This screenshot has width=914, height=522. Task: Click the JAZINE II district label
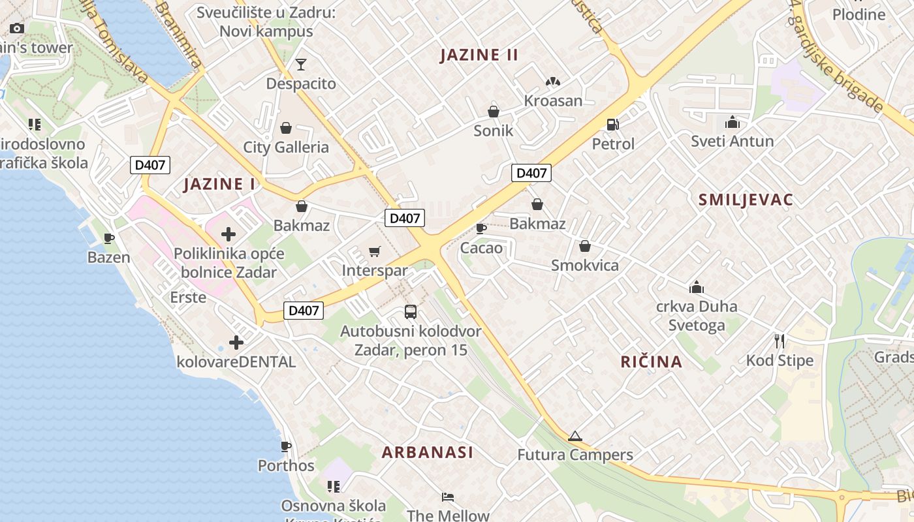[x=479, y=55]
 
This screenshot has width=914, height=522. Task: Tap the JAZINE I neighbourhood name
[x=219, y=184]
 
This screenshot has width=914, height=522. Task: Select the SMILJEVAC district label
[x=746, y=200]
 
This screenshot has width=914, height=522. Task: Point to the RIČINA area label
[x=651, y=361]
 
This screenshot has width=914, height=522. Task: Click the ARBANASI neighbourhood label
[x=428, y=452]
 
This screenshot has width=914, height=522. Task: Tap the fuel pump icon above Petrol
[x=612, y=124]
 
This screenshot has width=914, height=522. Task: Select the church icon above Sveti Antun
[x=732, y=122]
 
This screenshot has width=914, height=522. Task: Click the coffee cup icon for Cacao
[x=481, y=228]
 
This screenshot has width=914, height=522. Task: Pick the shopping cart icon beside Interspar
[x=375, y=251]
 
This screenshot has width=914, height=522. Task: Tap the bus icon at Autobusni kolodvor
[x=411, y=312]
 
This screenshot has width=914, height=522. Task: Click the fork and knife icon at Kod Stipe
[x=779, y=341]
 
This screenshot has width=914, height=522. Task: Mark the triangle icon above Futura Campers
[x=575, y=436]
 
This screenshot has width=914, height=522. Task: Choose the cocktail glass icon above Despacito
[x=300, y=64]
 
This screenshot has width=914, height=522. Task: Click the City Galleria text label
[x=286, y=147]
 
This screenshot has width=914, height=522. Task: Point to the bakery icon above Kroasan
[x=553, y=82]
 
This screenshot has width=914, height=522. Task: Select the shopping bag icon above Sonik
[x=494, y=111]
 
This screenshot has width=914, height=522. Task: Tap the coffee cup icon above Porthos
[x=285, y=446]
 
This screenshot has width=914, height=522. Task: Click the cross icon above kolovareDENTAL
[x=236, y=342]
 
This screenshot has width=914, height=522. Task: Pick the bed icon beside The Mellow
[x=448, y=497]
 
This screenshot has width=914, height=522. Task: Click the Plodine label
[x=859, y=14]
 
